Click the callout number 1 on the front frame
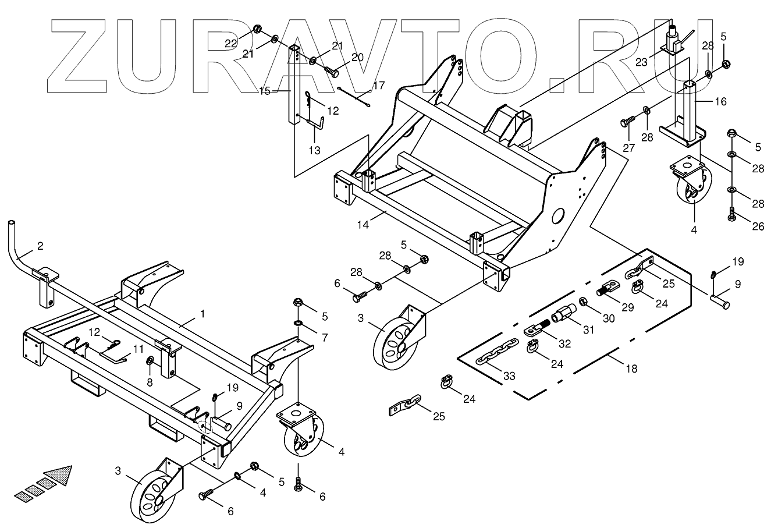[x=202, y=314]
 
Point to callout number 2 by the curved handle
[x=40, y=246]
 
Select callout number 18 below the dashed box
[x=631, y=368]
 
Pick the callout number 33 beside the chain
[x=509, y=376]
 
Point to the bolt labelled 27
[x=627, y=121]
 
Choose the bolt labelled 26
[x=731, y=216]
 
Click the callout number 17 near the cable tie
[x=378, y=86]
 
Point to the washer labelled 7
[x=298, y=324]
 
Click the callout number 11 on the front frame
[x=137, y=349]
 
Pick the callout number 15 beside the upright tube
[x=265, y=91]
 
